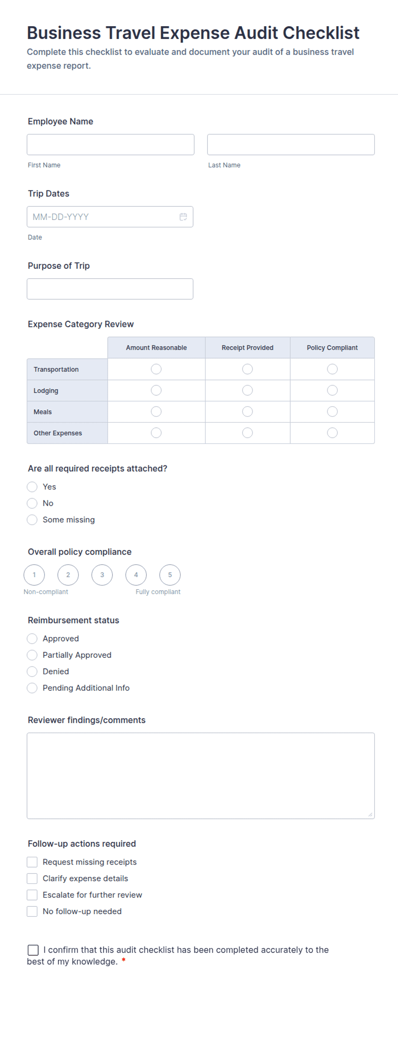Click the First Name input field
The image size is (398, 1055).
click(x=110, y=145)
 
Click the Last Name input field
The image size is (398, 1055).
click(x=291, y=145)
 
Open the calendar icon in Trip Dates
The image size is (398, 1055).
click(x=183, y=217)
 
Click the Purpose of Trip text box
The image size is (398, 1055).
click(x=110, y=289)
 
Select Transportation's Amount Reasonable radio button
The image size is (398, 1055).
click(x=156, y=369)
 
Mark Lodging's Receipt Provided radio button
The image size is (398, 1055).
click(x=247, y=390)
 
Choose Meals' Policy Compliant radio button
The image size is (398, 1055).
click(x=332, y=412)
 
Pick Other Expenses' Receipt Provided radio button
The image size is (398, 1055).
click(x=247, y=433)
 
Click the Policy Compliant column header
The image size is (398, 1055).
click(x=332, y=348)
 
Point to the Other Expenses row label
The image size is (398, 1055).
click(x=58, y=433)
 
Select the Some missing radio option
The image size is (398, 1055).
click(x=32, y=520)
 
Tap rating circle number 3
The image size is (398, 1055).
click(x=102, y=575)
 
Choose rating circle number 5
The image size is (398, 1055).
click(x=170, y=575)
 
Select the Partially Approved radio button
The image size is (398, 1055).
click(x=32, y=655)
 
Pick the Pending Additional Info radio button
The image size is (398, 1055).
click(x=32, y=688)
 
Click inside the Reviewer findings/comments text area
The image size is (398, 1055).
click(x=200, y=776)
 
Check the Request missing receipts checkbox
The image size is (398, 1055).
click(x=32, y=862)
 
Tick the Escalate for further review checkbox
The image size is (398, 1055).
click(x=32, y=895)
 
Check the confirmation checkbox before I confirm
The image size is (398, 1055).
click(x=33, y=950)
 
